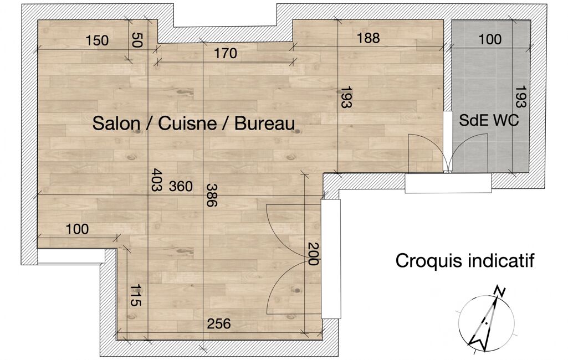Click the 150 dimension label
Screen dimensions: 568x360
point(97,40)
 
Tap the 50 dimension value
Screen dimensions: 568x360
point(137,40)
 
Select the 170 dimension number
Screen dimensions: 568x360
point(226,54)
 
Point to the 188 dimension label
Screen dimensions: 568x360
point(369,38)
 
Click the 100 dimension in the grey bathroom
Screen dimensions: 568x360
point(490,39)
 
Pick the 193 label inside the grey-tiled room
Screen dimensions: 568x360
point(520,97)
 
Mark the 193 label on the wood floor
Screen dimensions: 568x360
point(346,97)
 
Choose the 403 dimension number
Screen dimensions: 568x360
point(156,179)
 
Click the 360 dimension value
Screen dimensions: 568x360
point(181,187)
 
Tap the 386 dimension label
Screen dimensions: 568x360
point(212,195)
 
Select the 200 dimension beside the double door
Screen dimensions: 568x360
point(313,254)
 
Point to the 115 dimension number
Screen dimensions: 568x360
point(136,296)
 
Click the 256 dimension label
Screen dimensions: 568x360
point(219,323)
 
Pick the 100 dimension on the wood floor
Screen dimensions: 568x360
point(77,229)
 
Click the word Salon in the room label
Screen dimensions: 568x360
point(116,124)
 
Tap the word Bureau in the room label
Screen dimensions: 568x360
point(265,124)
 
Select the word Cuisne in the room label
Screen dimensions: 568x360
point(187,124)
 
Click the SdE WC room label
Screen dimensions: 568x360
point(489,121)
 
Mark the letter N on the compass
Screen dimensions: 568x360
point(500,291)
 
